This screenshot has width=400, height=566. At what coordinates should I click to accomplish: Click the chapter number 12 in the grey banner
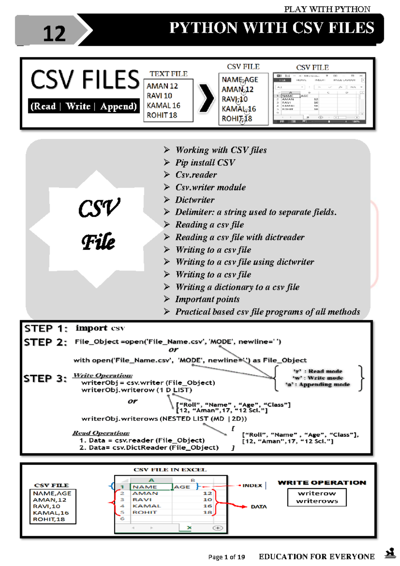[54, 34]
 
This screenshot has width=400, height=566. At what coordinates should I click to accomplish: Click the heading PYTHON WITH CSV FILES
[271, 28]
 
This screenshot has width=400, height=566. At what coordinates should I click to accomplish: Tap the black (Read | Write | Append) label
[84, 106]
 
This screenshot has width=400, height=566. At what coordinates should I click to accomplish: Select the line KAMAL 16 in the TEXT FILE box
[163, 105]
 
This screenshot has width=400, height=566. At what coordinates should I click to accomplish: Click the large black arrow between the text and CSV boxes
[206, 98]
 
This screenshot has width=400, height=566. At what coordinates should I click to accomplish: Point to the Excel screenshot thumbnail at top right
[319, 98]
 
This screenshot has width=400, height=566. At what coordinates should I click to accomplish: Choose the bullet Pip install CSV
[205, 163]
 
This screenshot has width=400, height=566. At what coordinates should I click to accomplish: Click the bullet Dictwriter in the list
[195, 200]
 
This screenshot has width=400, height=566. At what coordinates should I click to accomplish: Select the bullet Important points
[207, 299]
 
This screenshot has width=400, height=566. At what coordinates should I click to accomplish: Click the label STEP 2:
[45, 342]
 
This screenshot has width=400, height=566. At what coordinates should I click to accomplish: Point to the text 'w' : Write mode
[317, 378]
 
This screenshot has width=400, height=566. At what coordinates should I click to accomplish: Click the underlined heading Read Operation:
[101, 433]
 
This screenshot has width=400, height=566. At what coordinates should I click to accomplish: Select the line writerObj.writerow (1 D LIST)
[136, 390]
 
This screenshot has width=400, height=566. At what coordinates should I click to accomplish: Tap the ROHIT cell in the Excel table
[144, 512]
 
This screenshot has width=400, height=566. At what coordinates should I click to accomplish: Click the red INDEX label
[252, 486]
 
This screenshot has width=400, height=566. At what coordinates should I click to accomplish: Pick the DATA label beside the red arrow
[259, 507]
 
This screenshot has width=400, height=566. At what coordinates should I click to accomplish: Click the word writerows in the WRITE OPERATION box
[317, 501]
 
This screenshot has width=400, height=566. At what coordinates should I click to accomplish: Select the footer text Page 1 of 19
[226, 557]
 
